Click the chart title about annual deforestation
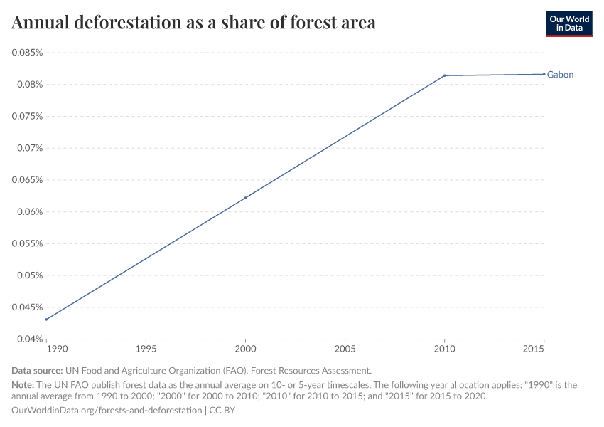194,23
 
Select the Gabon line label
560,75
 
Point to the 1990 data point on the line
46,320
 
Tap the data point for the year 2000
245,198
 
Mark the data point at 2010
444,75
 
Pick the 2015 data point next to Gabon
544,74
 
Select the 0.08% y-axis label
29,85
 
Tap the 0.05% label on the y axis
29,275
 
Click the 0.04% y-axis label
29,339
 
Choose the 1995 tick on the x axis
146,350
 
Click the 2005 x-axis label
345,350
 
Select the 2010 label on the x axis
444,350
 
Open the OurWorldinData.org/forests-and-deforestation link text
107,411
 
